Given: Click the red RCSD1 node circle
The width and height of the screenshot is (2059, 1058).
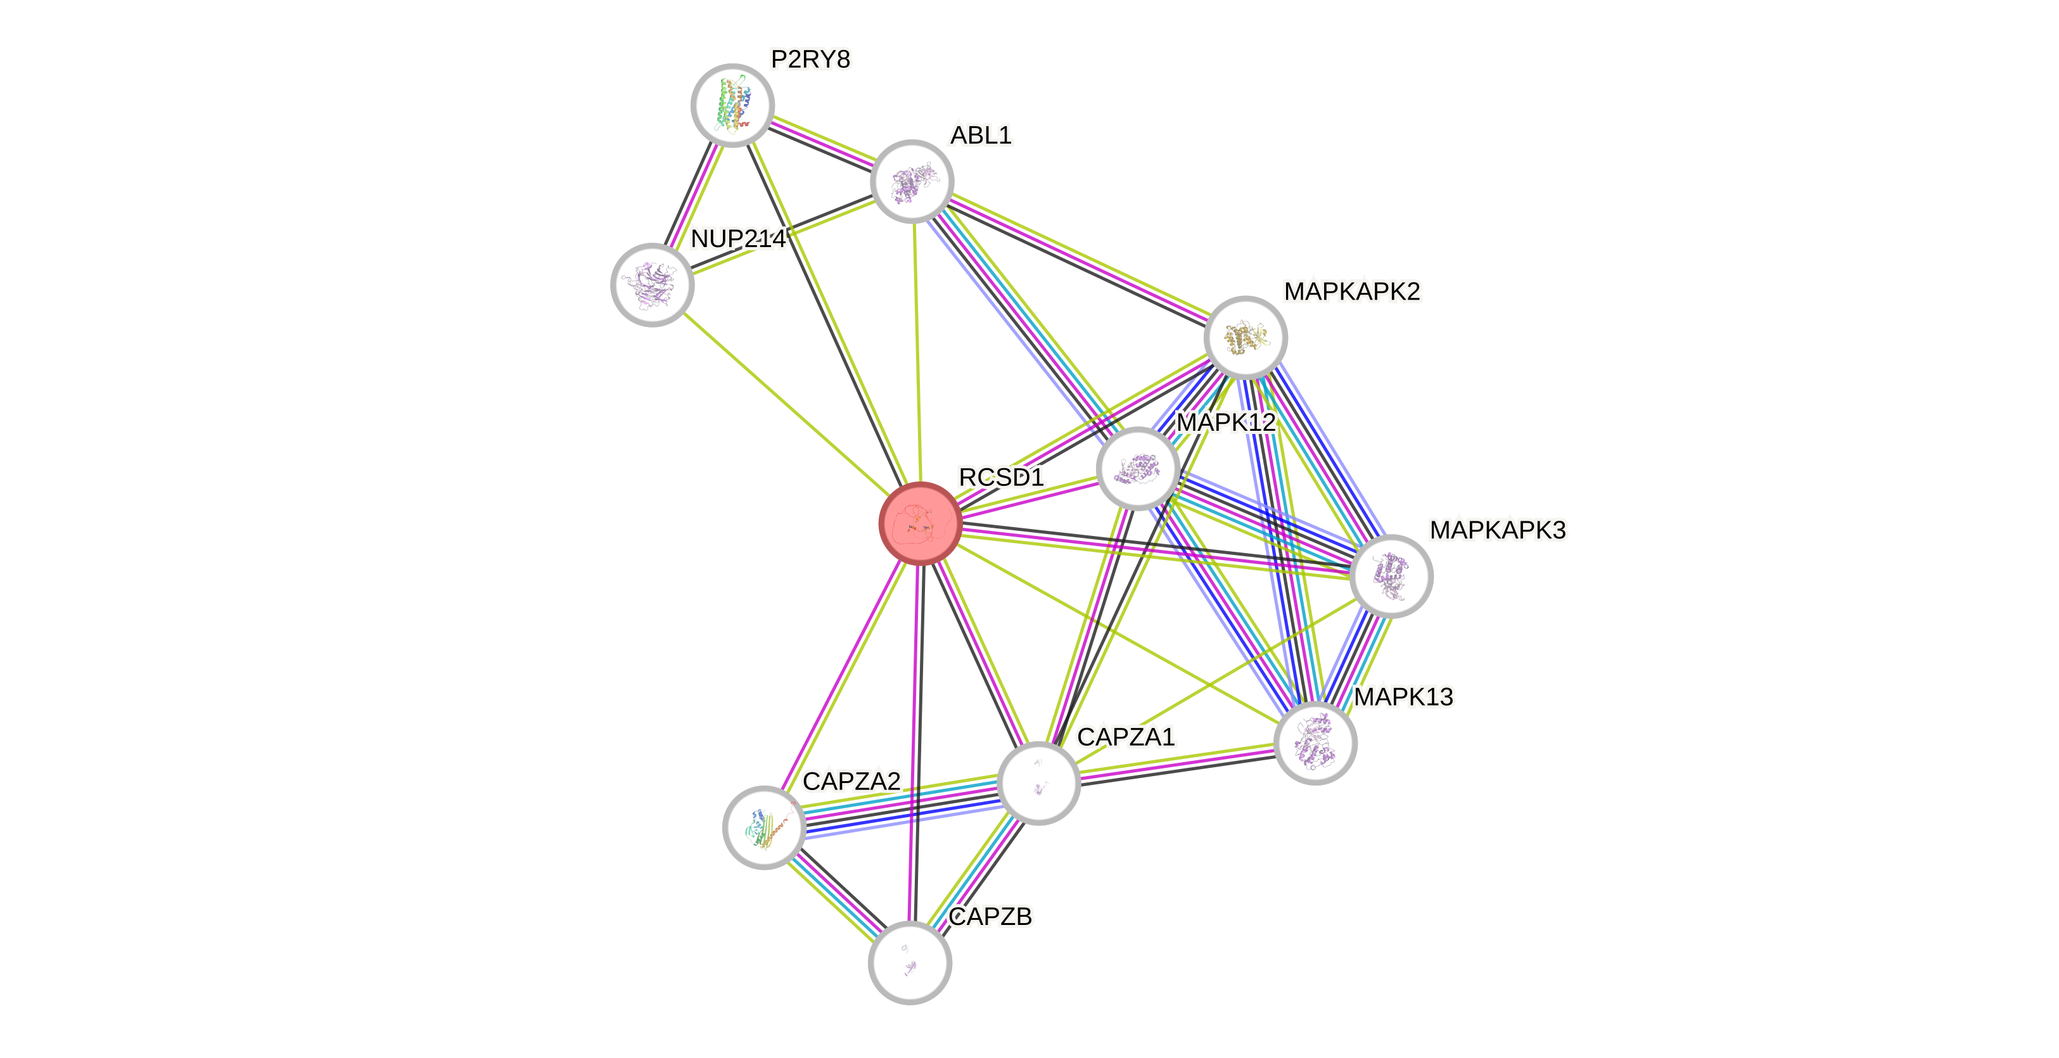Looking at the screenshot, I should click(920, 524).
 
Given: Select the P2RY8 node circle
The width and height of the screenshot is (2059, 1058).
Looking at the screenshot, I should click(732, 105).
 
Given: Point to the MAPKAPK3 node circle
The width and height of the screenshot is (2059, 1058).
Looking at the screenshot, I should click(1391, 576).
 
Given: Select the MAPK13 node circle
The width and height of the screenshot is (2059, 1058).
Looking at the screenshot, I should click(1315, 743).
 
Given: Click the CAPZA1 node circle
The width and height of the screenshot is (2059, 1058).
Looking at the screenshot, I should click(1038, 784).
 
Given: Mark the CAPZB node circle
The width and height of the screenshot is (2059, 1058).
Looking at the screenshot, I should click(910, 963).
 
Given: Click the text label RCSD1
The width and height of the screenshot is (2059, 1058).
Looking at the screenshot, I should click(1001, 477).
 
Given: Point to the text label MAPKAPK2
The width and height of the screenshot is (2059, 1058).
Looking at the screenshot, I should click(1351, 291).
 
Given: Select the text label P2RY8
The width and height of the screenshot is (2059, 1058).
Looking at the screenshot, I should click(810, 59).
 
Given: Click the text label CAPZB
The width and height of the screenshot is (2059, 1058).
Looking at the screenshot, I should click(990, 915).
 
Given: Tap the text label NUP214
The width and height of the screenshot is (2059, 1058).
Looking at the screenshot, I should click(737, 238).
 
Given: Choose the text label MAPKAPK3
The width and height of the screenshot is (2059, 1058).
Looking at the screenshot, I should click(1497, 530).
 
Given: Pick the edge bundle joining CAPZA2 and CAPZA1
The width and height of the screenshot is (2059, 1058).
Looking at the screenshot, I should click(902, 805).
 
